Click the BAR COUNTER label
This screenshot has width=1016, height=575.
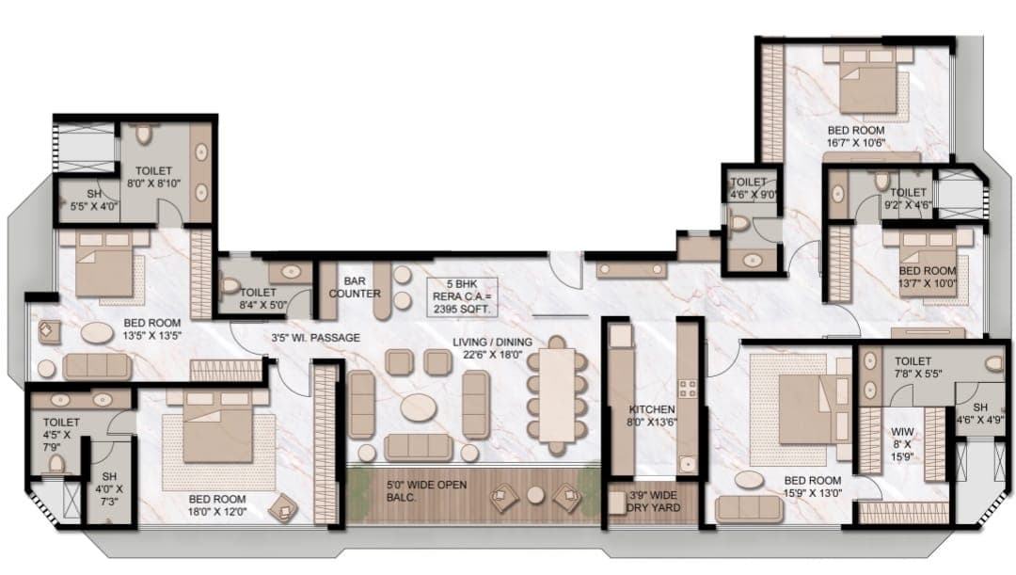355,287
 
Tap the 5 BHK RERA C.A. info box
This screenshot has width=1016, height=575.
462,296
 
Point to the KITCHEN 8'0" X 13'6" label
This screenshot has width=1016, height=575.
652,416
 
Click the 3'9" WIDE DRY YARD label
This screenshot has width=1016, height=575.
653,501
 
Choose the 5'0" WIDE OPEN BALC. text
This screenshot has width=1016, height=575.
426,490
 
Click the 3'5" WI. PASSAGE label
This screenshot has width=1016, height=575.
315,338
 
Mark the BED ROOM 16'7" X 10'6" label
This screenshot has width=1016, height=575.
856,136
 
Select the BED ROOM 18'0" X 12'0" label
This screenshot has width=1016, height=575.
217,505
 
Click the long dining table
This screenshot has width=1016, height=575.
557,395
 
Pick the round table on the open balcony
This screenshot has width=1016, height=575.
535,495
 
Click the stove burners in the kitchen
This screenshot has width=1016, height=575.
687,389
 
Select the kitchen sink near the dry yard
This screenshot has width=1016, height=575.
686,464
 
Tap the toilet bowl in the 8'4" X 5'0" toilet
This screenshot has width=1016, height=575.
230,284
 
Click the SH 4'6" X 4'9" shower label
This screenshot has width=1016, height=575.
979,413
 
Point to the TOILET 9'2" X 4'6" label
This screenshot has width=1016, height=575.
908,199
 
